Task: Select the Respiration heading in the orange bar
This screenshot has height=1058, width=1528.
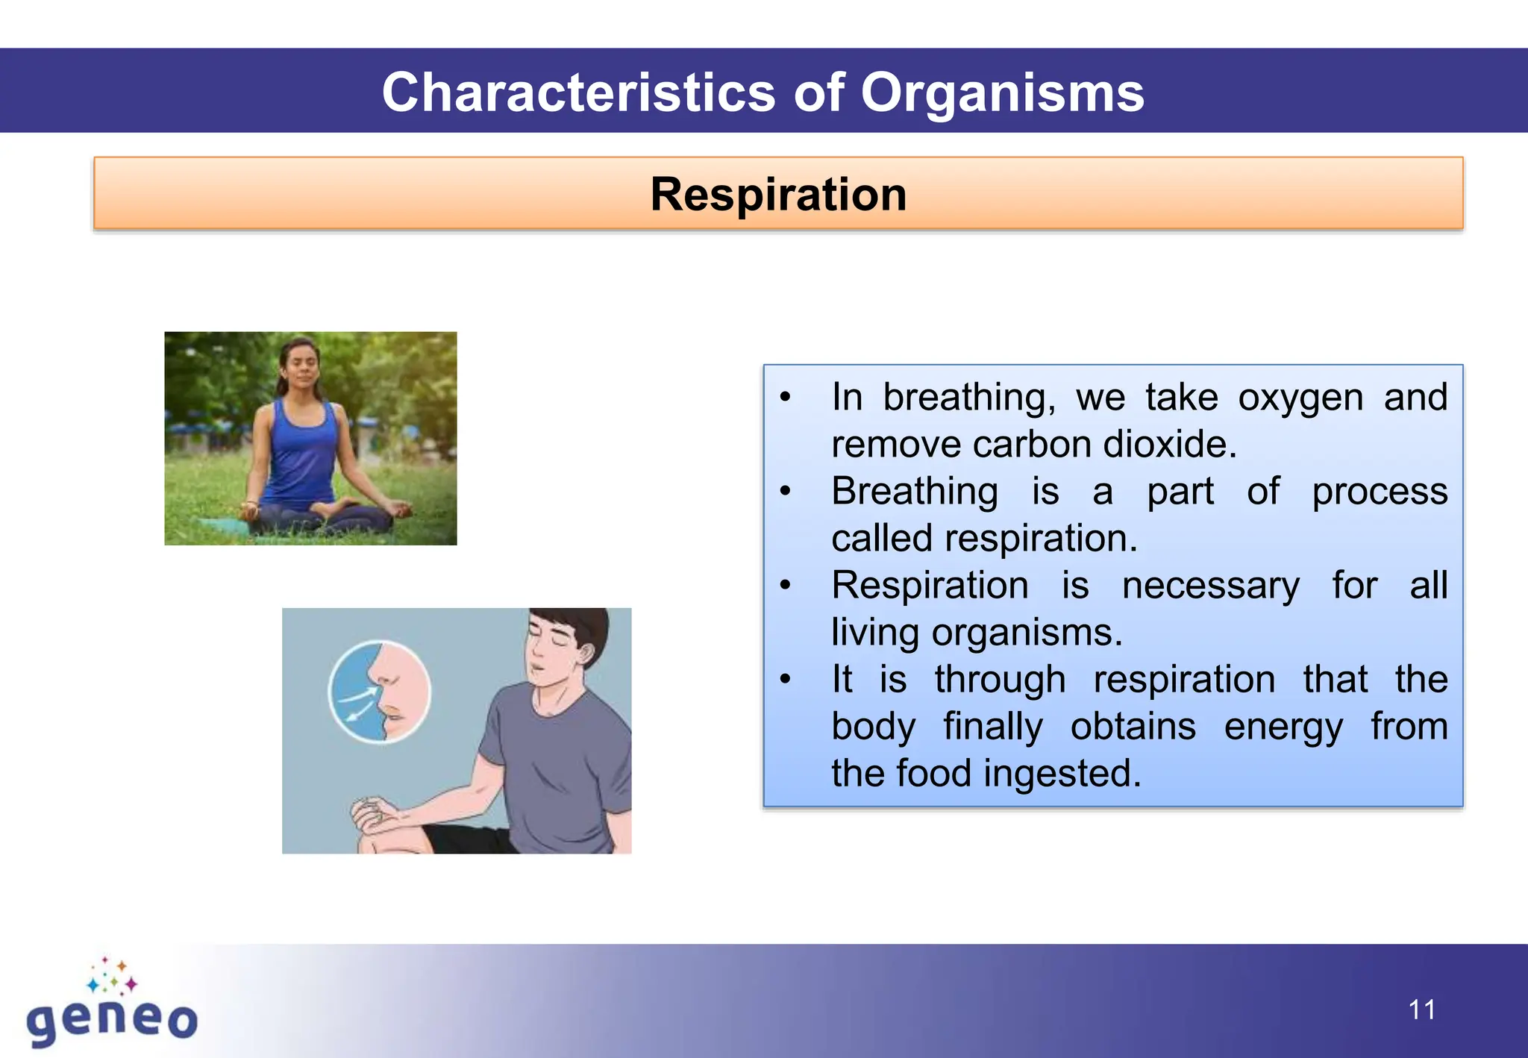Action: click(x=778, y=194)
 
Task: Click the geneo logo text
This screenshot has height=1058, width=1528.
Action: click(x=112, y=1020)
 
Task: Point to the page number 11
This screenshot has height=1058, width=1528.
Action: click(x=1421, y=1010)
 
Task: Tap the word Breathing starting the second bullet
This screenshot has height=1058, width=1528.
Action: click(x=915, y=491)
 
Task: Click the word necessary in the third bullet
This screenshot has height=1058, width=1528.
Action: click(x=1210, y=585)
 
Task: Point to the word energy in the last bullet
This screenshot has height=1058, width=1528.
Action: click(x=1283, y=726)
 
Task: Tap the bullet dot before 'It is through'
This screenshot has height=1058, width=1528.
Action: click(x=785, y=679)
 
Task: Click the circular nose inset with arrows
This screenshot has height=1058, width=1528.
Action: click(x=380, y=692)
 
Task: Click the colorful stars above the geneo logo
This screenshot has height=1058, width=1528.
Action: click(x=112, y=976)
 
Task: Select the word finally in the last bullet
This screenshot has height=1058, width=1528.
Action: click(x=993, y=726)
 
